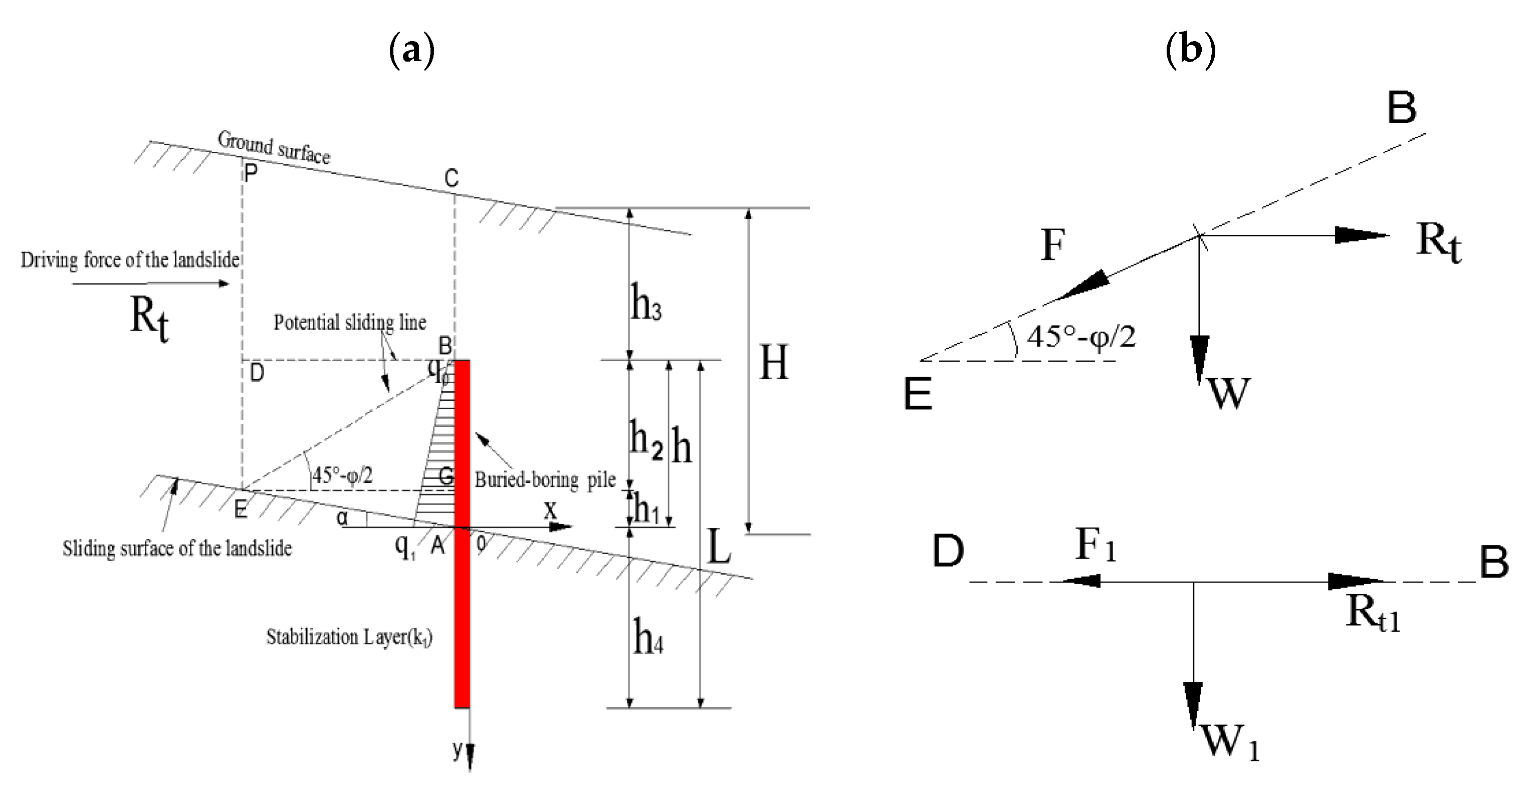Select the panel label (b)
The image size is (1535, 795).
pyautogui.click(x=1190, y=49)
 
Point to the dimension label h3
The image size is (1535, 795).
pyautogui.click(x=646, y=303)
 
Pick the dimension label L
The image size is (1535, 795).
pyautogui.click(x=719, y=547)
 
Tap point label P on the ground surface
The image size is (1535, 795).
pyautogui.click(x=251, y=173)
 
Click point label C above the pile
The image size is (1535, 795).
pyautogui.click(x=451, y=178)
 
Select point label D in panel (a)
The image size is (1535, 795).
pyautogui.click(x=256, y=373)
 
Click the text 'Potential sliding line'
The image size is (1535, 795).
pyautogui.click(x=350, y=322)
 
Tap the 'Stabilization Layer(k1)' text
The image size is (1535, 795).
pyautogui.click(x=349, y=637)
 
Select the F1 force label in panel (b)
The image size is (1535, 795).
pyautogui.click(x=1095, y=545)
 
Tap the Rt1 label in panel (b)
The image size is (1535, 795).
pyautogui.click(x=1372, y=613)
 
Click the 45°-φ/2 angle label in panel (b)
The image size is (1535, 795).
pyautogui.click(x=1080, y=337)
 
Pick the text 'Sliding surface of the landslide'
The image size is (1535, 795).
pyautogui.click(x=177, y=548)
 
